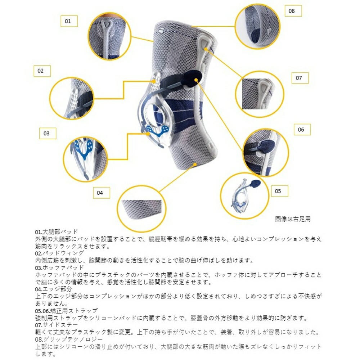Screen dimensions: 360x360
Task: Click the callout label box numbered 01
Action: [68, 21]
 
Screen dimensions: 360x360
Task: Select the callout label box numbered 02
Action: [40, 71]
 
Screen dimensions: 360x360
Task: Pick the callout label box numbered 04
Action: [100, 193]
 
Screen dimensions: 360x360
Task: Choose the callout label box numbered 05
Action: [278, 191]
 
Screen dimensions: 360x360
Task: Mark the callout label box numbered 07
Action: [299, 78]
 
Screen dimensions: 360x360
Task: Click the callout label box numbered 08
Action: [292, 11]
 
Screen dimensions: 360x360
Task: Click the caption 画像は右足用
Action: [293, 219]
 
